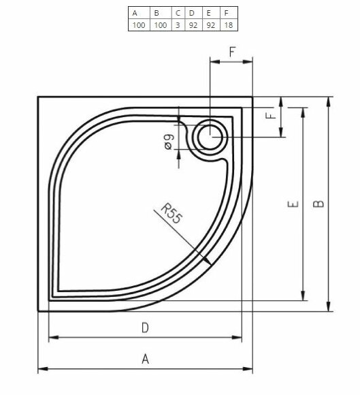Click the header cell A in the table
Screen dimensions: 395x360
point(135,12)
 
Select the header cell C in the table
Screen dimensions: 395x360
point(178,12)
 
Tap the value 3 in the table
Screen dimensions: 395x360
point(178,25)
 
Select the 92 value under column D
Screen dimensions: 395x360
point(194,25)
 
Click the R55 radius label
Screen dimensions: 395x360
point(172,215)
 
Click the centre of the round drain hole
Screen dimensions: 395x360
point(211,138)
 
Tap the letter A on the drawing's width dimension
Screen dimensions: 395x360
point(144,359)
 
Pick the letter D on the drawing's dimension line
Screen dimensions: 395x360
point(144,328)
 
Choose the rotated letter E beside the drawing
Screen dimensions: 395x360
point(292,204)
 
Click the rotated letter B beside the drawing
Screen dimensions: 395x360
point(320,204)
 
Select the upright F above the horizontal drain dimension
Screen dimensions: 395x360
point(232,52)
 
